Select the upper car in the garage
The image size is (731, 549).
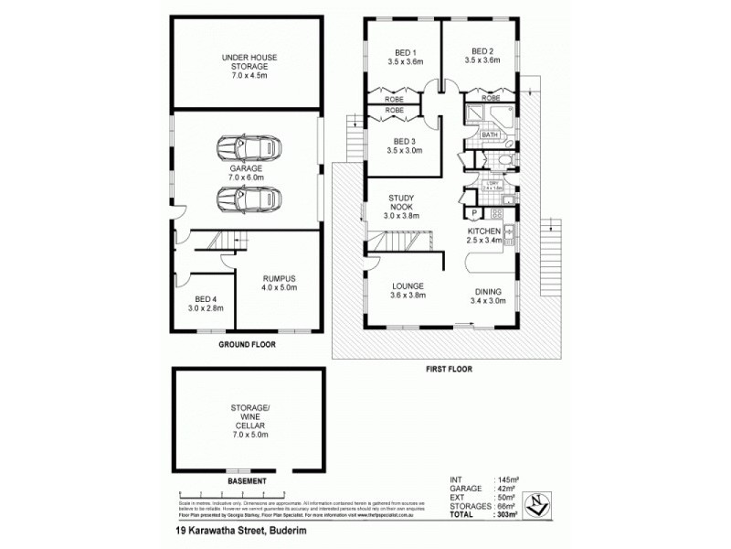point(246,146)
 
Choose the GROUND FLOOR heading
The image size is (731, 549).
point(247,345)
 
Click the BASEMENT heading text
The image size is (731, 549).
point(247,480)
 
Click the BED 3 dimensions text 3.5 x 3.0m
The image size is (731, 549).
point(404,152)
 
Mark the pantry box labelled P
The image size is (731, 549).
point(474,214)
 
